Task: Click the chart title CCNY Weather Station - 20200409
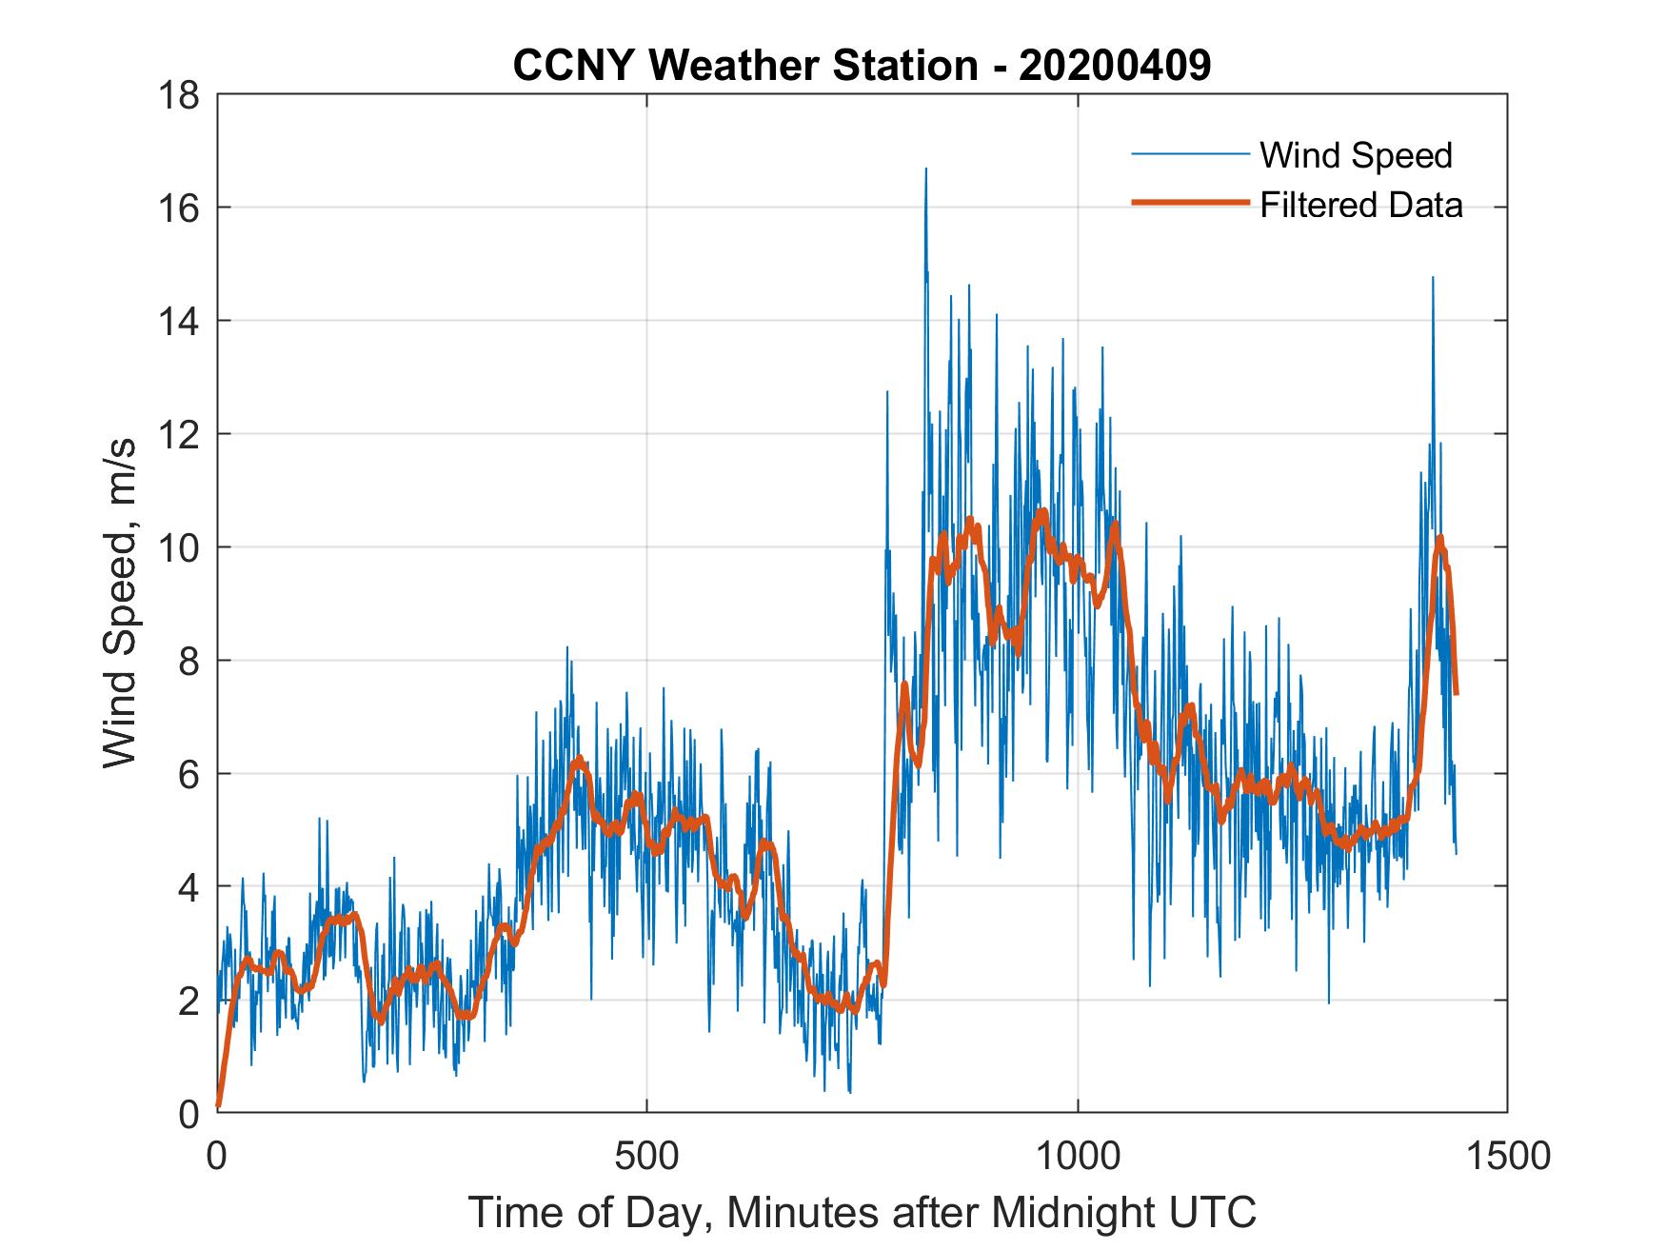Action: [x=862, y=66]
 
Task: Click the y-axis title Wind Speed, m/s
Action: [x=120, y=603]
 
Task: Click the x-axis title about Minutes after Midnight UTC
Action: [x=862, y=1212]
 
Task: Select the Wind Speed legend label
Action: [x=1356, y=155]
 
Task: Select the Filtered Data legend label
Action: [x=1361, y=205]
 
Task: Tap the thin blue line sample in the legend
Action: [x=1189, y=154]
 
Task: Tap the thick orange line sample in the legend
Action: [x=1189, y=203]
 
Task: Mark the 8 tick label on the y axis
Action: [x=188, y=662]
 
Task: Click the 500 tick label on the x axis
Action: [x=646, y=1156]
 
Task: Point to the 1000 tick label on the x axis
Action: [x=1078, y=1156]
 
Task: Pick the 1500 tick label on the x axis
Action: [x=1507, y=1156]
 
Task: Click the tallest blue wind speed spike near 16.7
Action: [x=925, y=171]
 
